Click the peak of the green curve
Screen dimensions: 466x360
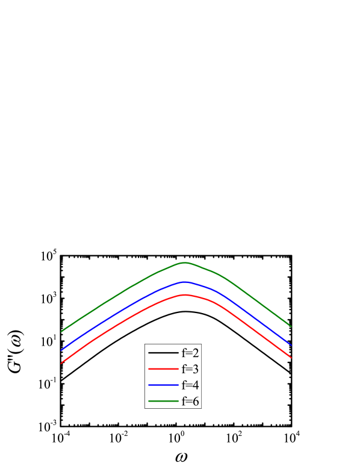[x=185, y=263]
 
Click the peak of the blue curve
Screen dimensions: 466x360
[x=185, y=282]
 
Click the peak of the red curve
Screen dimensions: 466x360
[x=185, y=294]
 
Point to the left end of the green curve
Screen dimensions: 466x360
[x=61, y=331]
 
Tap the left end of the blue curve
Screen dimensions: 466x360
[x=61, y=350]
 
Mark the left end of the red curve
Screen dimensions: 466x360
[x=61, y=363]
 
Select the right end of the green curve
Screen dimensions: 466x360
[x=291, y=326]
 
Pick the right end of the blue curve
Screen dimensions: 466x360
[x=291, y=345]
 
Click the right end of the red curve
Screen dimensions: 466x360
[x=291, y=358]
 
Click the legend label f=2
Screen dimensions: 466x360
[x=190, y=353]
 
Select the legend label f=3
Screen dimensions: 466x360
[x=190, y=369]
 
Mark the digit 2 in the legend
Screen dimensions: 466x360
[x=196, y=353]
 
